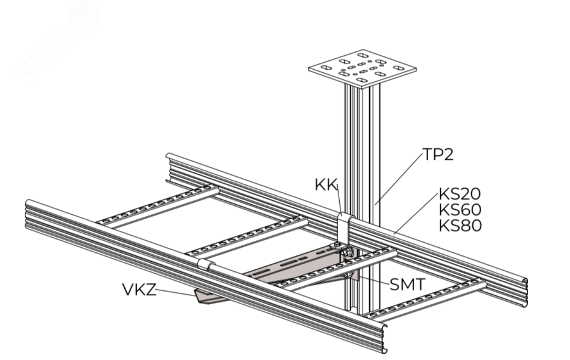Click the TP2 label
click(438, 155)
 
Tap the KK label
click(326, 184)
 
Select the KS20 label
click(460, 194)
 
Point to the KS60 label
click(460, 210)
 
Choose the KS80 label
click(460, 226)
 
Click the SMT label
click(406, 285)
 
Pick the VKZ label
click(138, 290)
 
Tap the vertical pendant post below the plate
click(361, 146)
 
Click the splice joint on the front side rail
click(204, 264)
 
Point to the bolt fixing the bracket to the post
click(347, 255)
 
